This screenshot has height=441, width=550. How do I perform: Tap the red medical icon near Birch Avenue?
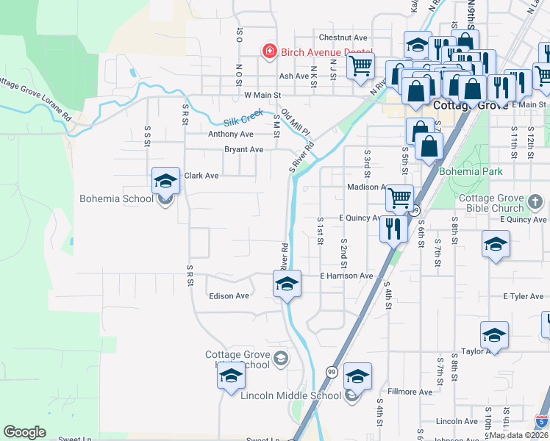(x=269, y=51)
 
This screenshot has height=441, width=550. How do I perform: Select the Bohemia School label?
(x=117, y=198)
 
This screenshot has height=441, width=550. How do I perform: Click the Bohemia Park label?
(x=471, y=171)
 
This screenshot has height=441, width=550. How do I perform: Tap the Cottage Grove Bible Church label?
(x=491, y=204)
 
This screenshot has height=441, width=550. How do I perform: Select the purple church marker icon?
(x=536, y=201)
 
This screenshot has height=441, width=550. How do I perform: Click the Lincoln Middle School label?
(x=291, y=395)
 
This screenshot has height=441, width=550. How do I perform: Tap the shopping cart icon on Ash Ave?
(x=360, y=65)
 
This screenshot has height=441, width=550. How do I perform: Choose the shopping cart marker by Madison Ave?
(x=399, y=197)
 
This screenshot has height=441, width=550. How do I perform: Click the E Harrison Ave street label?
(x=346, y=276)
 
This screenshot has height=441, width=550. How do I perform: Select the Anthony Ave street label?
(x=230, y=134)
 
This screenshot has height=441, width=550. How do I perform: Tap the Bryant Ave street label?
(x=244, y=149)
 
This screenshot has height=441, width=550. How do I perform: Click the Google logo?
(x=24, y=432)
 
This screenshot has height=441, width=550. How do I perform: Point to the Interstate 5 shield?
(x=541, y=422)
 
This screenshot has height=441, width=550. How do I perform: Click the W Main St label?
(x=262, y=95)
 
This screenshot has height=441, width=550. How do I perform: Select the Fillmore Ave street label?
(x=410, y=392)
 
